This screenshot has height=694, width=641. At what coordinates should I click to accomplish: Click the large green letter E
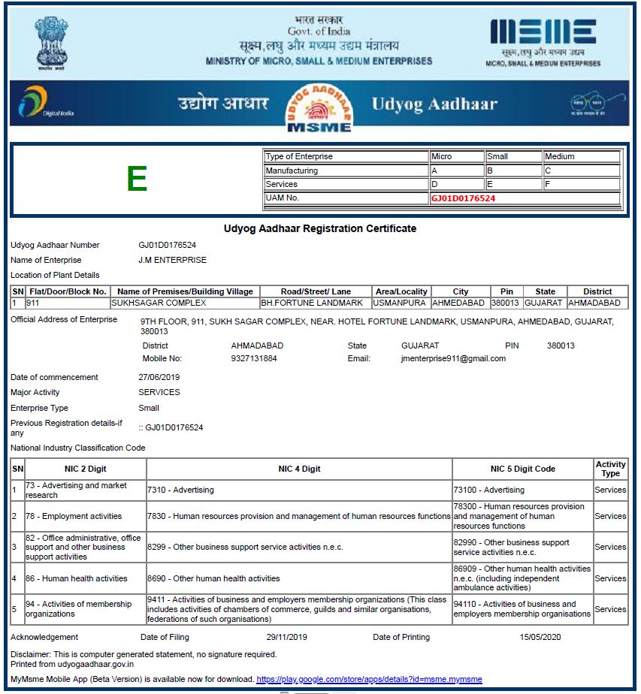tap(137, 179)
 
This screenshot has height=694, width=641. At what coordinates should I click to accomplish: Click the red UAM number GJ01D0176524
tap(463, 198)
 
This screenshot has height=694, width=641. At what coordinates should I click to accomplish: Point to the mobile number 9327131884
tap(255, 358)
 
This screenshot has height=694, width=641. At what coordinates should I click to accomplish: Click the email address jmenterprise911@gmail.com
tap(453, 358)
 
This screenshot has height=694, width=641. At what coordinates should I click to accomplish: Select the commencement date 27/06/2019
tap(159, 377)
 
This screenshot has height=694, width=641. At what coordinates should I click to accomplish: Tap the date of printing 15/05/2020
tap(540, 637)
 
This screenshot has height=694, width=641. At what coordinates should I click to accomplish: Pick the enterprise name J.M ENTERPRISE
tap(172, 260)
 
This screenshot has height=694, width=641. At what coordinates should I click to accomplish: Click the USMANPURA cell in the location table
tap(401, 303)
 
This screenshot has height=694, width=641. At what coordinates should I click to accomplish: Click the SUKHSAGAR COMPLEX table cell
tap(159, 303)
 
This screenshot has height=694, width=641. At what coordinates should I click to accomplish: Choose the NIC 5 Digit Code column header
tap(522, 469)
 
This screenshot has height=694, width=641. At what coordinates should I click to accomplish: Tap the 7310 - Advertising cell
tap(180, 490)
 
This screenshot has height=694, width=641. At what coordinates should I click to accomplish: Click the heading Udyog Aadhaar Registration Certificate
tap(320, 228)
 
